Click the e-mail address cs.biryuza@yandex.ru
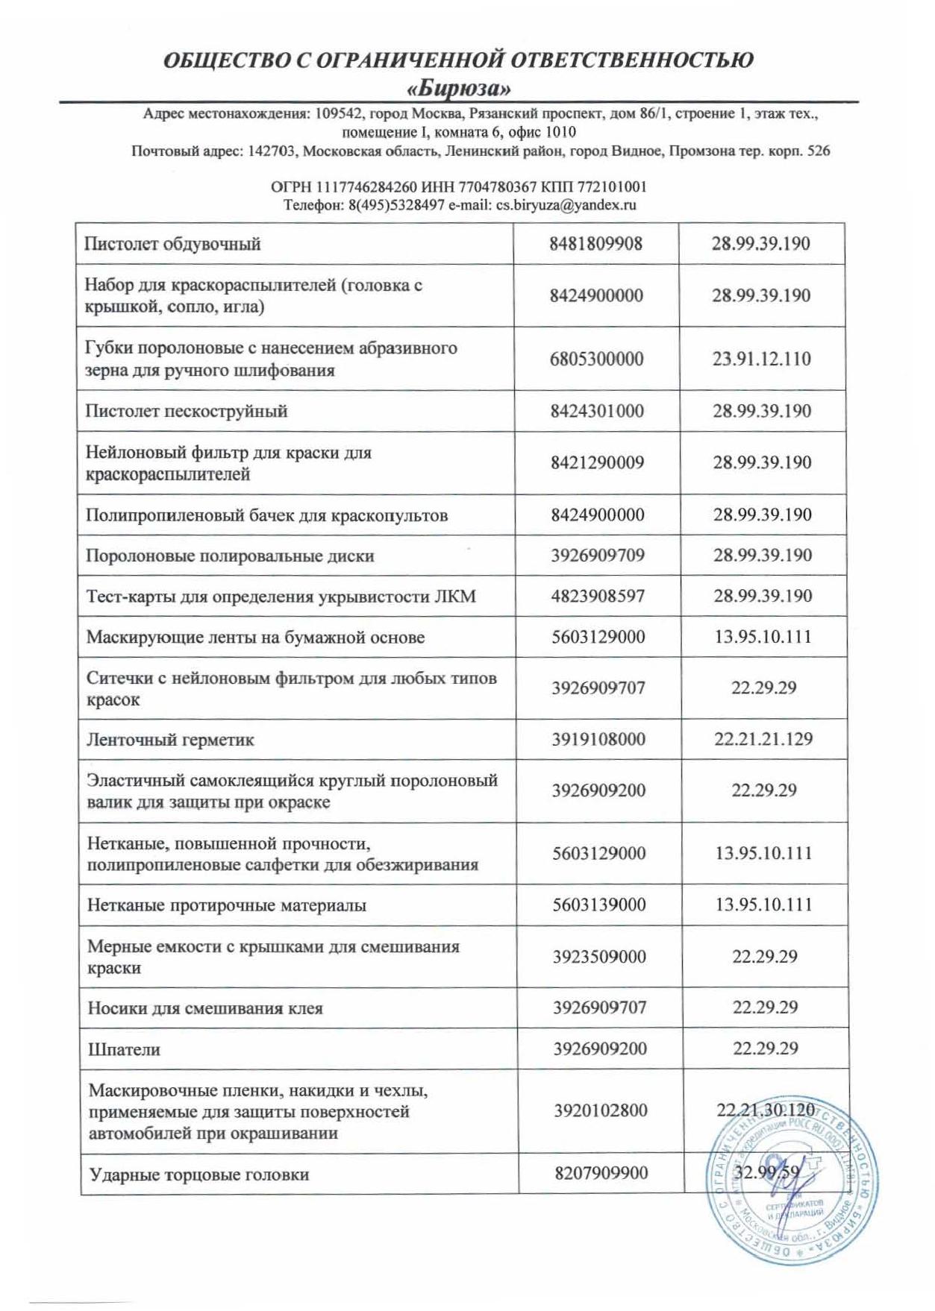point(566,205)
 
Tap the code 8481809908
point(595,244)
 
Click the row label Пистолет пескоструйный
point(187,411)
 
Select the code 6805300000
point(596,359)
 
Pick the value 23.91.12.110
point(761,359)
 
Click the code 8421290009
point(597,462)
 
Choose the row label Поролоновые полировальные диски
point(230,556)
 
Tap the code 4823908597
point(598,596)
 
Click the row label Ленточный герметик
point(170,740)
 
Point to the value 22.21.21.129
point(763,739)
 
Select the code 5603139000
point(599,905)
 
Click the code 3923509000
point(599,957)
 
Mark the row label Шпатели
point(124,1049)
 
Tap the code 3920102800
point(600,1110)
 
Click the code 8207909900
point(601,1173)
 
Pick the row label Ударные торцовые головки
point(198,1175)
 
